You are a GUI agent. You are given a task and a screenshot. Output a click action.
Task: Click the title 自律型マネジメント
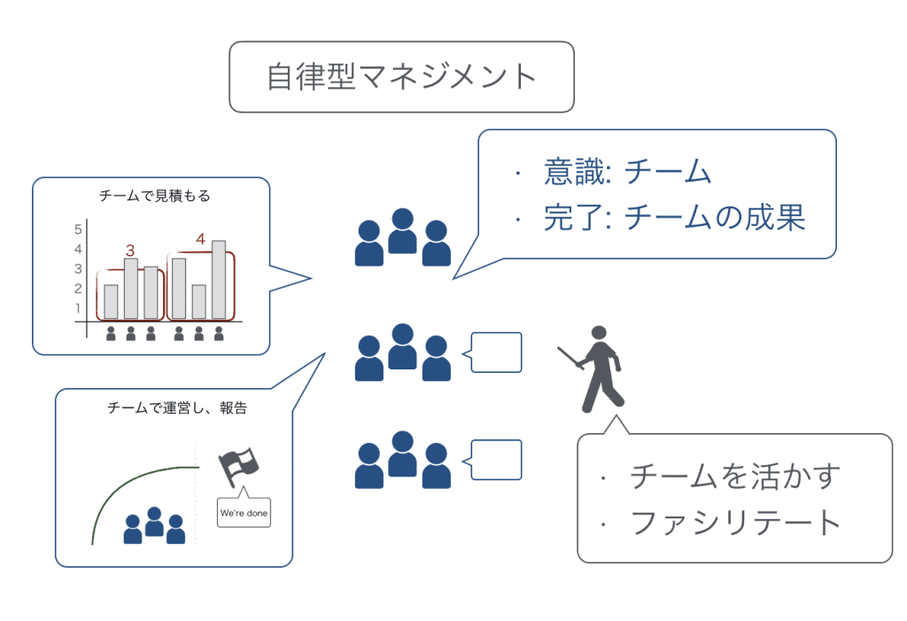401,76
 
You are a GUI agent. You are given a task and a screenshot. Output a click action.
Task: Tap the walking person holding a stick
595,369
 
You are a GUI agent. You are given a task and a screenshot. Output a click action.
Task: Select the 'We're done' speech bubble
244,512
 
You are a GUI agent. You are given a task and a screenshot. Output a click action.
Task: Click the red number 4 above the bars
200,238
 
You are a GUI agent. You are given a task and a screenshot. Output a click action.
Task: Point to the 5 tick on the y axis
78,228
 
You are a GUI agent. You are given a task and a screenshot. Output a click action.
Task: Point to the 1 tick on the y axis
78,308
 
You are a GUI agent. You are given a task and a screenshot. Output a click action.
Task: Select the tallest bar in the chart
219,279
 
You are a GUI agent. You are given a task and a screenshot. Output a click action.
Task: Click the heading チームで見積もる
155,196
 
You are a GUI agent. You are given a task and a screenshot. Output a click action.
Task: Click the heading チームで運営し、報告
176,408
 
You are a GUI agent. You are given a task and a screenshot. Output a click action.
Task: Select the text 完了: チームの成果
673,217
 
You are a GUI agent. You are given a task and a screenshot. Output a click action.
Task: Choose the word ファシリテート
735,523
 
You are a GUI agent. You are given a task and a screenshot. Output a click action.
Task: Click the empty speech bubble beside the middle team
497,353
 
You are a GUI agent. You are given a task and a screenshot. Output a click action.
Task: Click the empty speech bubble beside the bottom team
497,459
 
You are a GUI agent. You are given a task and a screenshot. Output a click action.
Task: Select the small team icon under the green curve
154,525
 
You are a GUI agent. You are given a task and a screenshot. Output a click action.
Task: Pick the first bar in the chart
111,301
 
